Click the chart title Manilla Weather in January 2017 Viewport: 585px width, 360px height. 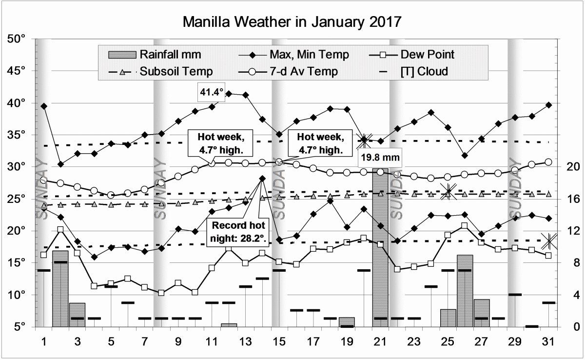292,22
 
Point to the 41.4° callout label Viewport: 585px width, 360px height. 210,91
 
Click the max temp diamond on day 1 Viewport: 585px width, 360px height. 44,106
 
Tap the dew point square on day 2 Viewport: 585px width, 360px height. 60,229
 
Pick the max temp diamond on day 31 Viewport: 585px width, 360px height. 549,105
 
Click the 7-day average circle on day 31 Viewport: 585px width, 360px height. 548,162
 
